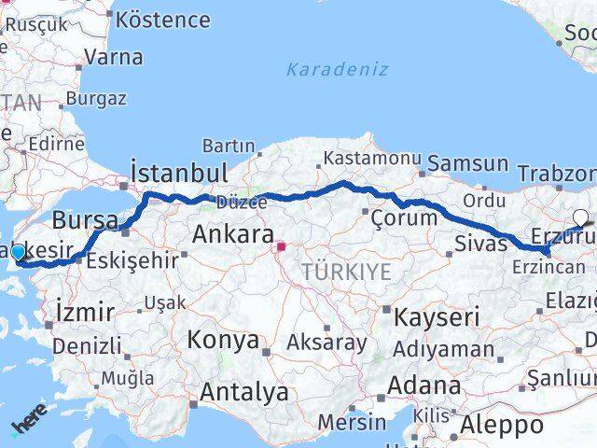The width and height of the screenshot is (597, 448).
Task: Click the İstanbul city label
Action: click(x=180, y=173)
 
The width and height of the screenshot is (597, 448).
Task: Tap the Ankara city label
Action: click(x=233, y=235)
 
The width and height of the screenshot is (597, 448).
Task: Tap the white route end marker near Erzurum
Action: click(x=581, y=218)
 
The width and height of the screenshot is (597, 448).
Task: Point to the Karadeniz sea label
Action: click(x=337, y=69)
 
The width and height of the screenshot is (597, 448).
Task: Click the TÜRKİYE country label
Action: click(x=345, y=272)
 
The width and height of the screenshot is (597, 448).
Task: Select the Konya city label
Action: click(x=224, y=340)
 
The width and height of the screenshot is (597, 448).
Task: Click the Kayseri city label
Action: click(x=437, y=317)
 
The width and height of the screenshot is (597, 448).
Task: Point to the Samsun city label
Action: click(x=469, y=164)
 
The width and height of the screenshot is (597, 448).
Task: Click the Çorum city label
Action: click(x=404, y=217)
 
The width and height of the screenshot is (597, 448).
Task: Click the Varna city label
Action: click(x=113, y=57)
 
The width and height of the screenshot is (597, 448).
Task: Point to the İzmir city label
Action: click(x=85, y=311)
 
